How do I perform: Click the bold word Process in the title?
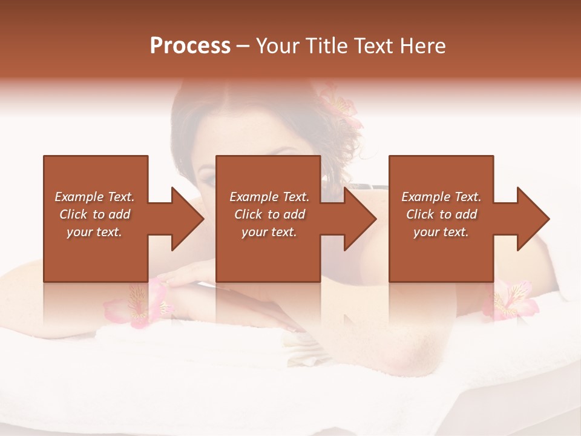(190, 46)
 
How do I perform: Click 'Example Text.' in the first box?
(94, 197)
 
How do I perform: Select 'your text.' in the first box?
(94, 232)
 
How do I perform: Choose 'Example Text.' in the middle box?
(269, 197)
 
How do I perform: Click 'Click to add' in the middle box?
(269, 214)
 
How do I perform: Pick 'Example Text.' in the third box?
(441, 197)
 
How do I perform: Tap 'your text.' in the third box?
(441, 232)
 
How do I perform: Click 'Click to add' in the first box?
(94, 214)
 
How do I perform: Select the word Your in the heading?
(275, 46)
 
